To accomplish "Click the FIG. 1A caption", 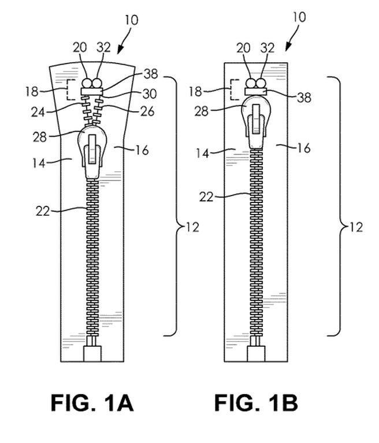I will (x=92, y=402).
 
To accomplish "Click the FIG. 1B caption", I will (x=256, y=402).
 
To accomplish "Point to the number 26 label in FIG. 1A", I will (x=147, y=111).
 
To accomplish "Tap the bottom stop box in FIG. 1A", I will (x=91, y=353).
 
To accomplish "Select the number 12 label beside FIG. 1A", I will (x=191, y=227).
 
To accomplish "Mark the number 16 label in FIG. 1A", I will (x=142, y=151).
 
